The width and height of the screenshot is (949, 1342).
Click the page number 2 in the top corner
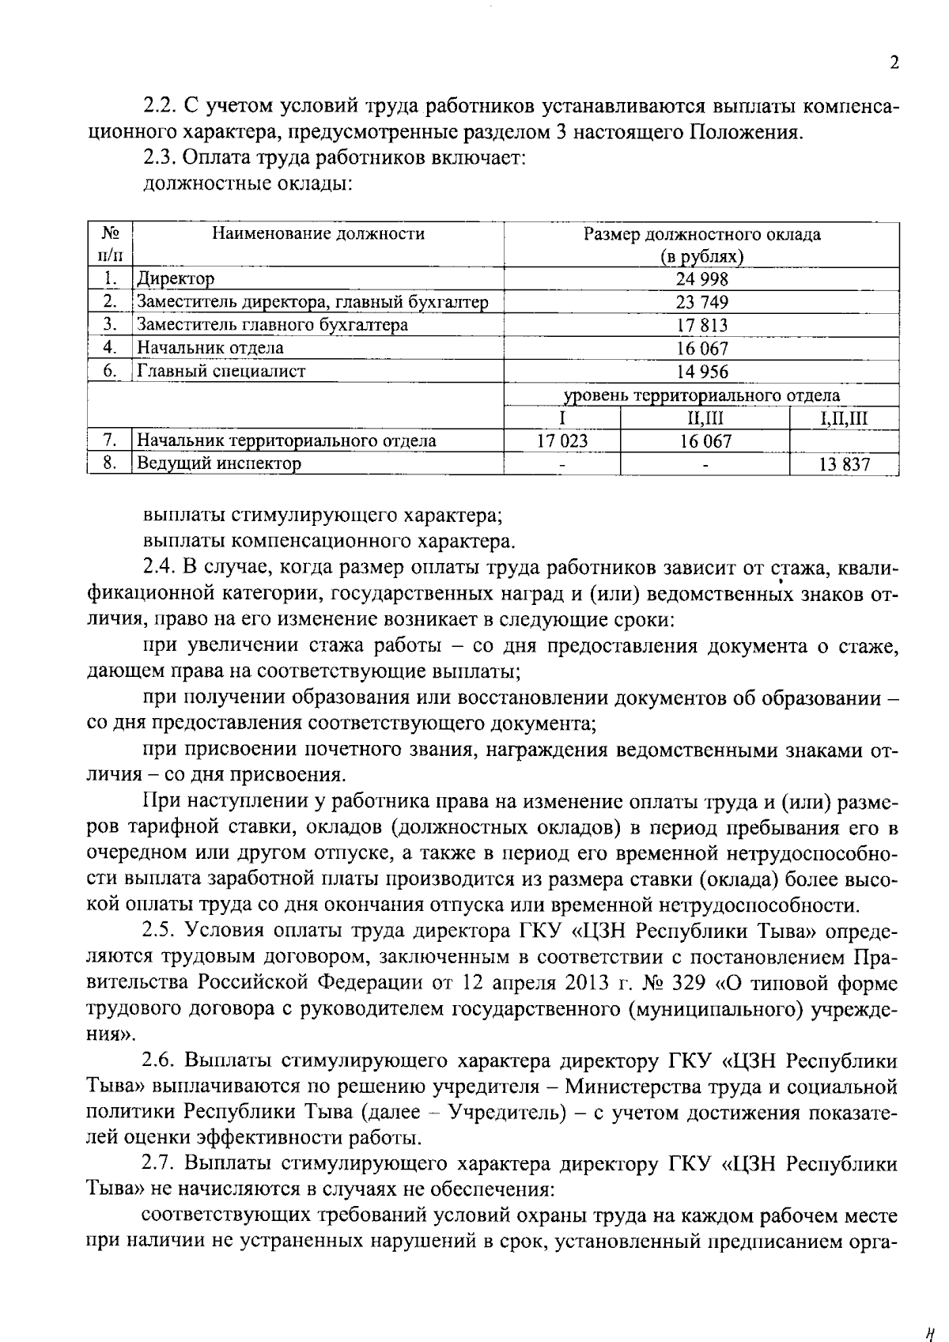(894, 64)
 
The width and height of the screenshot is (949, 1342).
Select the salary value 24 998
(701, 279)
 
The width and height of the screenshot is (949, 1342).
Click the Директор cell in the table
(176, 279)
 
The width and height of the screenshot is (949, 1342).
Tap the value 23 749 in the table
(701, 302)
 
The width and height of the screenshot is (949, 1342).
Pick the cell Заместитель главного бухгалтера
(272, 325)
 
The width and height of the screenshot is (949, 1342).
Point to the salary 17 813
(701, 325)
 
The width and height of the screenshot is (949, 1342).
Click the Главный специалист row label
(221, 371)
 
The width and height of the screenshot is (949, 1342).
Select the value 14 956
(701, 371)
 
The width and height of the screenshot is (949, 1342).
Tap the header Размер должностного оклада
(701, 235)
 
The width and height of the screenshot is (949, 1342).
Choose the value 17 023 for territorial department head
(562, 440)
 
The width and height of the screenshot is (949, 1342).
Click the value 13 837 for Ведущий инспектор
(844, 464)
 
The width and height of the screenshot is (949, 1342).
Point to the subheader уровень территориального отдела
(701, 395)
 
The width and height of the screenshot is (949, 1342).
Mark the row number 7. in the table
(110, 440)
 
